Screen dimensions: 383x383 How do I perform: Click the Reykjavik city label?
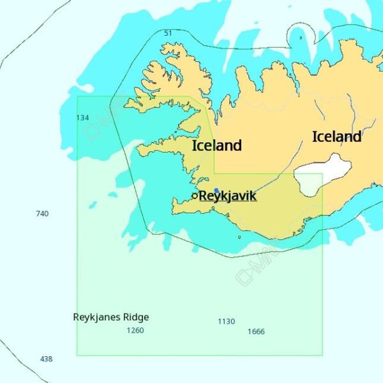[227, 195]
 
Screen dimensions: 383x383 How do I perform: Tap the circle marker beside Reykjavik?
[195, 196]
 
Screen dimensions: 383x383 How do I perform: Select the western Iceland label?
[217, 146]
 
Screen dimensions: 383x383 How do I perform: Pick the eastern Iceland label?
[336, 137]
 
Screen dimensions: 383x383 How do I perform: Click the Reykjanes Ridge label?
[111, 317]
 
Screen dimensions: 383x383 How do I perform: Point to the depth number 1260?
[135, 331]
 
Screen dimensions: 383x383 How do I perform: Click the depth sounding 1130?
[226, 322]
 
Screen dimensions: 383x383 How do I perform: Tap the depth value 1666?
[256, 331]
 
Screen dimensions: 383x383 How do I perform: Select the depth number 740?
[42, 214]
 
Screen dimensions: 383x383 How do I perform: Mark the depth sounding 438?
[46, 359]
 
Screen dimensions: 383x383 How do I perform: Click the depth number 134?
[82, 117]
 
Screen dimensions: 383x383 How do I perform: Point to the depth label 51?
[168, 33]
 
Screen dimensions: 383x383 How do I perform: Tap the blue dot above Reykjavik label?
[217, 190]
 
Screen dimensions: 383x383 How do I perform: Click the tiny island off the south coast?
[239, 237]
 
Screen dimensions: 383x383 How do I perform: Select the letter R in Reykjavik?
[204, 195]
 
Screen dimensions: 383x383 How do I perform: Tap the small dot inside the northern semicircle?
[301, 38]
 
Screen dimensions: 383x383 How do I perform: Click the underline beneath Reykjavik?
[227, 202]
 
